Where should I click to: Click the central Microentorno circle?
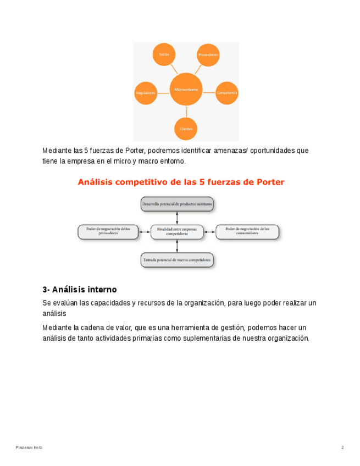(186, 89)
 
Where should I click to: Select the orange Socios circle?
(164, 54)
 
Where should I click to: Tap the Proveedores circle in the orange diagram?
(208, 55)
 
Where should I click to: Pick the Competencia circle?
(226, 93)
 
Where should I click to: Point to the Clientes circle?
(186, 129)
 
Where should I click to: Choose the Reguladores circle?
(146, 93)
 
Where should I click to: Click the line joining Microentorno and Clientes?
(186, 111)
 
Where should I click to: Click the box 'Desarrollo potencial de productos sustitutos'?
(176, 204)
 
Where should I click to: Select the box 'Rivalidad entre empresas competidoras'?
(176, 231)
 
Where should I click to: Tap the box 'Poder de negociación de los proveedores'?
(108, 231)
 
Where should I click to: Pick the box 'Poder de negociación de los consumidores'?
(247, 231)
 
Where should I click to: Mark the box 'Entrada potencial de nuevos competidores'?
(176, 259)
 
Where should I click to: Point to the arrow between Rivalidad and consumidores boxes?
(209, 231)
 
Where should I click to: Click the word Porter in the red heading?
(270, 182)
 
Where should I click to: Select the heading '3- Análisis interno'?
(79, 290)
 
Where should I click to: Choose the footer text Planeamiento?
(29, 448)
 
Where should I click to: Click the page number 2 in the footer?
(342, 448)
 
